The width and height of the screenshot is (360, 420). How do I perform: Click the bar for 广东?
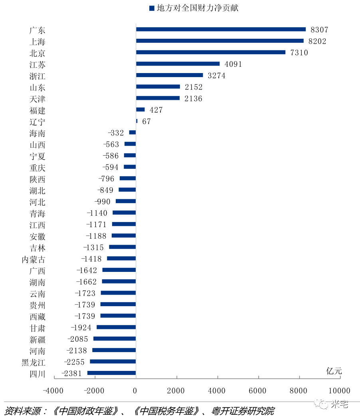pyautogui.click(x=221, y=29)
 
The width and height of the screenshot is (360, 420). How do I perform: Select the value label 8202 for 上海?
pyautogui.click(x=318, y=41)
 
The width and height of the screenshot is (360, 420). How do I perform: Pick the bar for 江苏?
pyautogui.click(x=178, y=63)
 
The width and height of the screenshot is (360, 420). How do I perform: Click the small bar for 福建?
pyautogui.click(x=140, y=109)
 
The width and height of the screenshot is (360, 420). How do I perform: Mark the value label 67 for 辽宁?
pyautogui.click(x=146, y=121)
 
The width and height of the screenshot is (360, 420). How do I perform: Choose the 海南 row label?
pyautogui.click(x=37, y=133)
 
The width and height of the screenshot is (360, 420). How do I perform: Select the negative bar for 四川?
pyautogui.click(x=111, y=373)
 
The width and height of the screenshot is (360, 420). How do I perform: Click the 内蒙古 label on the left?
pyautogui.click(x=33, y=260)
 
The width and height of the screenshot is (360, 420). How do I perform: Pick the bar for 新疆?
pyautogui.click(x=115, y=339)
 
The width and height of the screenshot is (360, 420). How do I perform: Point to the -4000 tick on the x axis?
pyautogui.click(x=54, y=390)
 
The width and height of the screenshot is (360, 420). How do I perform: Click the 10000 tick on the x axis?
pyautogui.click(x=339, y=390)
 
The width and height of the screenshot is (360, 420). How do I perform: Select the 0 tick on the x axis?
pyautogui.click(x=136, y=390)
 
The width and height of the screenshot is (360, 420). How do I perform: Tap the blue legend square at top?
pyautogui.click(x=152, y=8)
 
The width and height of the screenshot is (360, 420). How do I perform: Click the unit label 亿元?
pyautogui.click(x=334, y=371)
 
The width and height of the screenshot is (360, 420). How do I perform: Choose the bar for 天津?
pyautogui.click(x=158, y=98)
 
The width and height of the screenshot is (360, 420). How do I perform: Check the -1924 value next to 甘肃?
pyautogui.click(x=81, y=327)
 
